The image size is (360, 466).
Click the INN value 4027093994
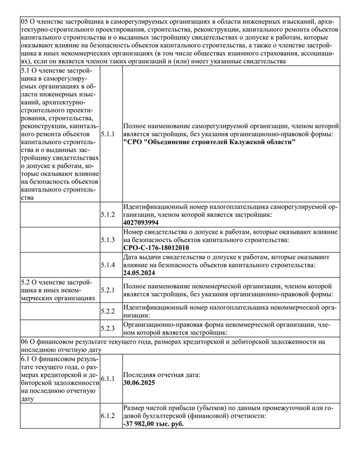[141, 223]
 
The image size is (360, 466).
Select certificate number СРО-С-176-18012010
[156, 248]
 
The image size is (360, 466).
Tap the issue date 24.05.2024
[139, 273]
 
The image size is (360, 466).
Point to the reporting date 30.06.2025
[139, 382]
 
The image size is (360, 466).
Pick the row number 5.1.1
[108, 134]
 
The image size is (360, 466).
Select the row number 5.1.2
[108, 214]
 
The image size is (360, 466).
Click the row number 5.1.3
[108, 239]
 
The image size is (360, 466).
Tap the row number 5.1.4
[108, 264]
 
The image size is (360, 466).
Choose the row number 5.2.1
[108, 290]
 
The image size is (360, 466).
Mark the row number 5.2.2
[108, 311]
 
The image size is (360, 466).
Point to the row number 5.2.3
[108, 329]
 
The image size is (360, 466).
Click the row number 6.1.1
[108, 378]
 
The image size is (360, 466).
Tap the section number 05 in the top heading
[24, 21]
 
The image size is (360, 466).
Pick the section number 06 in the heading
[24, 341]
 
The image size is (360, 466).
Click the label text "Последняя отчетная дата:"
[161, 375]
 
